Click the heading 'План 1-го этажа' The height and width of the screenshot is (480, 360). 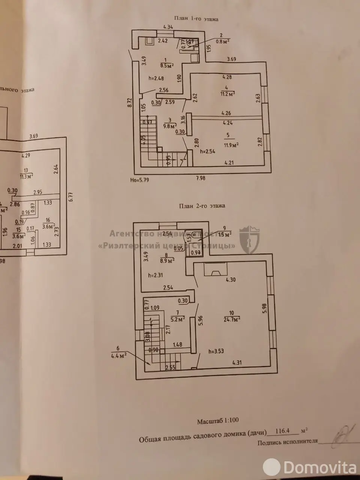[196, 19]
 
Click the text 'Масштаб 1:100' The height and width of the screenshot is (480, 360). [218, 421]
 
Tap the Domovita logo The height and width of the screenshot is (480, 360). [313, 467]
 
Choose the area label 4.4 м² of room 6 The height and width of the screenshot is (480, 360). [118, 354]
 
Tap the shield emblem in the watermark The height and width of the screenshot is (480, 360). [249, 240]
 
